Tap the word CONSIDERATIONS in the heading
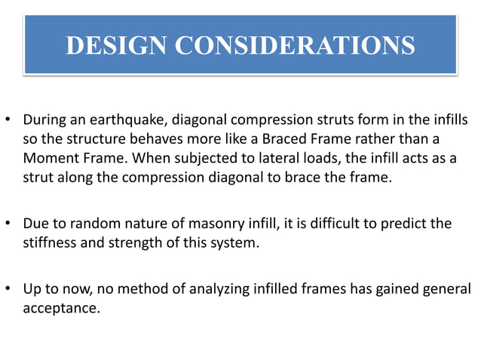point(295,45)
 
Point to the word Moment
point(48,160)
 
